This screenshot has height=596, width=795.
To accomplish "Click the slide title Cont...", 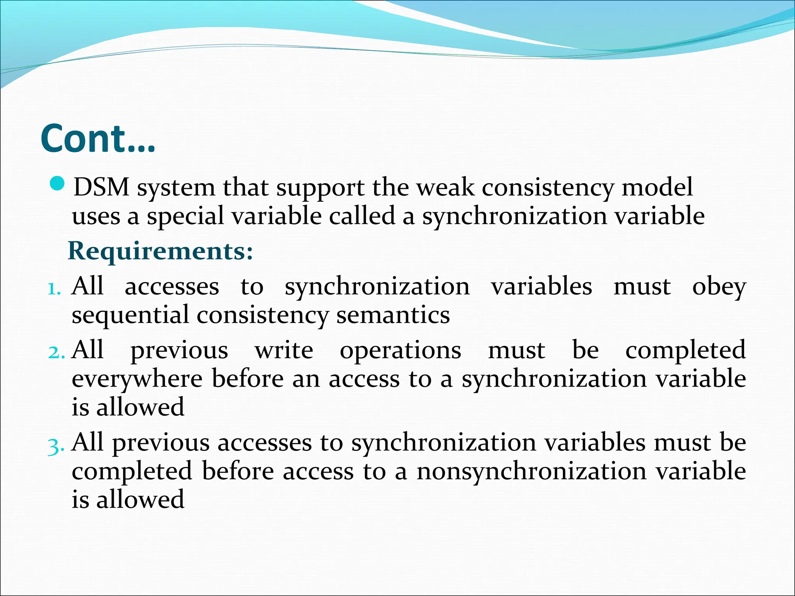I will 97,139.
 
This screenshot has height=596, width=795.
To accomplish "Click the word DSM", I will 101,188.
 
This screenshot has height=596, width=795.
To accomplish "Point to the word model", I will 657,188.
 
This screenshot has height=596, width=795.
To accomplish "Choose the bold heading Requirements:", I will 160,251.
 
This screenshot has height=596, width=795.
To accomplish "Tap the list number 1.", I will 54,289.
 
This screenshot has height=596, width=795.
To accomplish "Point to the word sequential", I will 130,315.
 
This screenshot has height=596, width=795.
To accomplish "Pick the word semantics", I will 393,315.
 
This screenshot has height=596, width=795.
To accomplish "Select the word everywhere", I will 137,379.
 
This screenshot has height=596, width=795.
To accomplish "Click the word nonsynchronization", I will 531,472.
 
